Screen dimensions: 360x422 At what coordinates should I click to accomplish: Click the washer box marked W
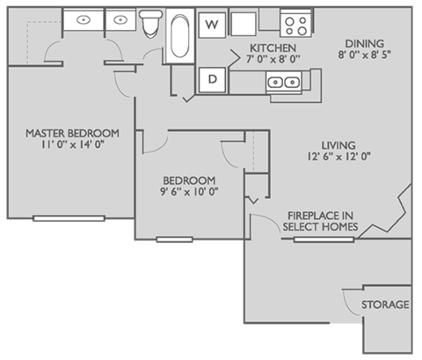[211, 25]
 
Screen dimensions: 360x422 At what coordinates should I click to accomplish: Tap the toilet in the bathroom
[152, 21]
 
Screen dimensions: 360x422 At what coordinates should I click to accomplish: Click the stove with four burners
[294, 24]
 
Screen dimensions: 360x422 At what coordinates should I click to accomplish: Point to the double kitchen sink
[284, 83]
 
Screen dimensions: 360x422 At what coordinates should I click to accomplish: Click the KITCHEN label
[272, 48]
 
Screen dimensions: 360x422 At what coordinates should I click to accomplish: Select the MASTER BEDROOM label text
[72, 133]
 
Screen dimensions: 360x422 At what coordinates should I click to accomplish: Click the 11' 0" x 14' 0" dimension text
[72, 146]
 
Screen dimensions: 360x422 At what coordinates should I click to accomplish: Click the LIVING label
[338, 144]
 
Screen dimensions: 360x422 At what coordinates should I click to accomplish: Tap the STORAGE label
[385, 305]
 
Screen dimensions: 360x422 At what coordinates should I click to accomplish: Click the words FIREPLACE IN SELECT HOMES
[320, 221]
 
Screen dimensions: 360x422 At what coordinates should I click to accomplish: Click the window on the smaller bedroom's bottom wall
[173, 239]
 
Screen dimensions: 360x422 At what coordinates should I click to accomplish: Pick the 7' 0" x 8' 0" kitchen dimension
[272, 60]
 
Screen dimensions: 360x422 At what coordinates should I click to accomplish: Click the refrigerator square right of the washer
[244, 24]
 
